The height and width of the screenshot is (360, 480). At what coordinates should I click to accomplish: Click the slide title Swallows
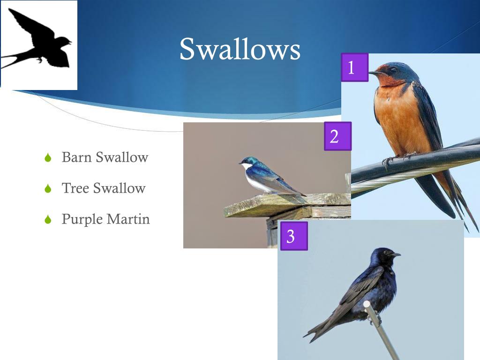(x=240, y=49)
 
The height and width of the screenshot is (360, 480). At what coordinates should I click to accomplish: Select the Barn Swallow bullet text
(x=105, y=157)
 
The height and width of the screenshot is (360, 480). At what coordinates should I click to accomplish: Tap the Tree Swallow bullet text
(x=104, y=188)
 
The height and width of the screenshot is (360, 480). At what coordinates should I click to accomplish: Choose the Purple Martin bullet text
(x=106, y=219)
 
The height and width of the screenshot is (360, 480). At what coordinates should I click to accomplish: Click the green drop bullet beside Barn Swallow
(x=47, y=158)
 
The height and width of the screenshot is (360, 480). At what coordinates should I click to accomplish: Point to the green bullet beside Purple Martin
(x=47, y=219)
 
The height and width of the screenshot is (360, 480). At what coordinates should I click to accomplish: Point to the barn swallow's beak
(x=374, y=73)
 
